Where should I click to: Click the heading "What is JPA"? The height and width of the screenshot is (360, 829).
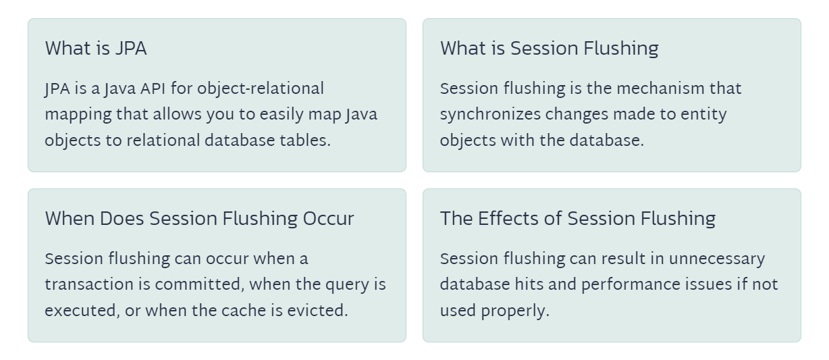[x=96, y=48]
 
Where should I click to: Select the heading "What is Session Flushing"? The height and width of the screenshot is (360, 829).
[x=550, y=49]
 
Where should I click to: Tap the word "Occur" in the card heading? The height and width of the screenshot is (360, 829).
[x=328, y=219]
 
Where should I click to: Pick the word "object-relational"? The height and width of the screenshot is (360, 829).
[x=261, y=89]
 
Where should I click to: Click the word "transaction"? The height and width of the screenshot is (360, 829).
[x=89, y=285]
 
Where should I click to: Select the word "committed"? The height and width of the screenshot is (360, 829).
[x=199, y=285]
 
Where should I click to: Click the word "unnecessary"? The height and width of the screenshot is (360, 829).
[x=716, y=259]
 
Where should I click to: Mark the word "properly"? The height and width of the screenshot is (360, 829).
[x=515, y=311]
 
